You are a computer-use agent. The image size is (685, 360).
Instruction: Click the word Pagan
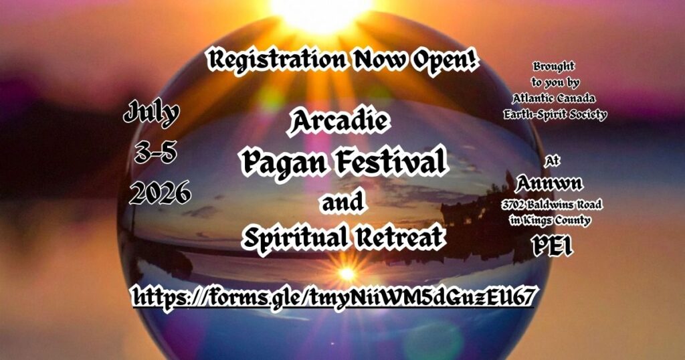coord(278,161)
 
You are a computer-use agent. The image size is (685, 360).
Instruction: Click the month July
coord(152,114)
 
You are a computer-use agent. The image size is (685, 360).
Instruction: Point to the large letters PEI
coord(551,247)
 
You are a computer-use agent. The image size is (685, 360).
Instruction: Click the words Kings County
coord(561,220)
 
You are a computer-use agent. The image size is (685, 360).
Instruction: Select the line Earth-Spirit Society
coord(555,114)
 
